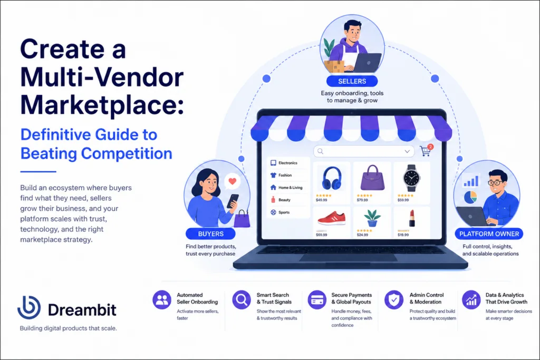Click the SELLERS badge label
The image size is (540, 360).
352,81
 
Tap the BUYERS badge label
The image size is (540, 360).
211,233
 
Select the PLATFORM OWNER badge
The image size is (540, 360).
489,233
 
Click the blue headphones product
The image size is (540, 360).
332,178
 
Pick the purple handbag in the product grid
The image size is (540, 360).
372,178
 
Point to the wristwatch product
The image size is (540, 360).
411,178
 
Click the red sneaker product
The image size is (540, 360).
331,218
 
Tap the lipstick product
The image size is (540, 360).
412,218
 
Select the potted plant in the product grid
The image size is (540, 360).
372,218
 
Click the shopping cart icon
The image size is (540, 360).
426,151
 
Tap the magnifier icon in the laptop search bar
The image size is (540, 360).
320,151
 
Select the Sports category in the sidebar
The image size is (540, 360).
280,212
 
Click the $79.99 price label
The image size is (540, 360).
362,200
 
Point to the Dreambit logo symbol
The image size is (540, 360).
29,307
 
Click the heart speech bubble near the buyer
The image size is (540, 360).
233,181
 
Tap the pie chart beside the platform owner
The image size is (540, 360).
470,197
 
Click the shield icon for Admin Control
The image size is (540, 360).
394,300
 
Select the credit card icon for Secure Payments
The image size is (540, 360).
317,300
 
